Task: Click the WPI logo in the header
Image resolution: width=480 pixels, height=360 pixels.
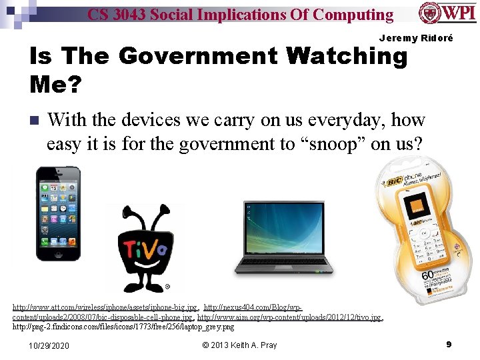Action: click(x=448, y=13)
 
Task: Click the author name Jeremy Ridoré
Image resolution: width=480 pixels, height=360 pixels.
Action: click(x=416, y=38)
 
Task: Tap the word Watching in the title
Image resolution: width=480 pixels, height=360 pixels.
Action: click(x=346, y=57)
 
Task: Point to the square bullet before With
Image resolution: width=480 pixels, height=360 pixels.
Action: click(x=34, y=121)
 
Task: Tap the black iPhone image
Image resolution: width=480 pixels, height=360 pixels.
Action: click(x=58, y=213)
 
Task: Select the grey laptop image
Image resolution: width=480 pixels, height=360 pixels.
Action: click(x=283, y=237)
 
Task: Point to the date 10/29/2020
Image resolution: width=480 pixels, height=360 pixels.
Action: click(x=49, y=345)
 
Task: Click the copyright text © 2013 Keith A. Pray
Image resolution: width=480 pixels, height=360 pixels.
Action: click(x=239, y=345)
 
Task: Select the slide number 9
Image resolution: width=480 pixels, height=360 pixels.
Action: click(x=449, y=345)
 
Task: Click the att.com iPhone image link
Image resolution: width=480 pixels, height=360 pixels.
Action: click(x=105, y=307)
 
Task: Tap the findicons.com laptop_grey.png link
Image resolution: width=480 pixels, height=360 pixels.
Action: click(x=124, y=327)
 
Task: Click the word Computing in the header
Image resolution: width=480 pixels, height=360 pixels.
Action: click(x=352, y=14)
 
